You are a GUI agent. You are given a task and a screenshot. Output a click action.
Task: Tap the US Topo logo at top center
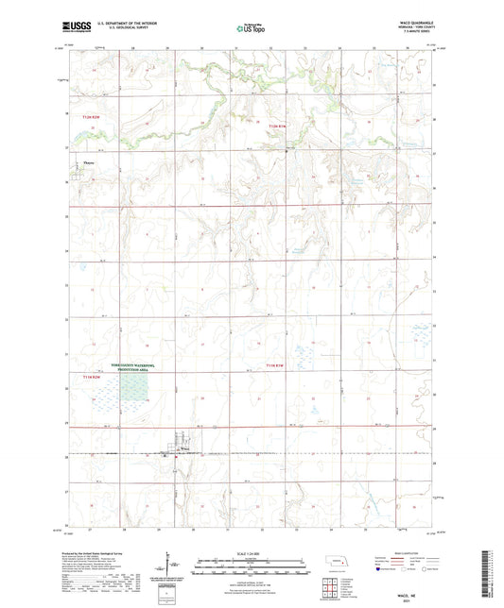(x=249, y=28)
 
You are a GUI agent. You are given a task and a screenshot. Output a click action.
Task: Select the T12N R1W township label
(x=275, y=125)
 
